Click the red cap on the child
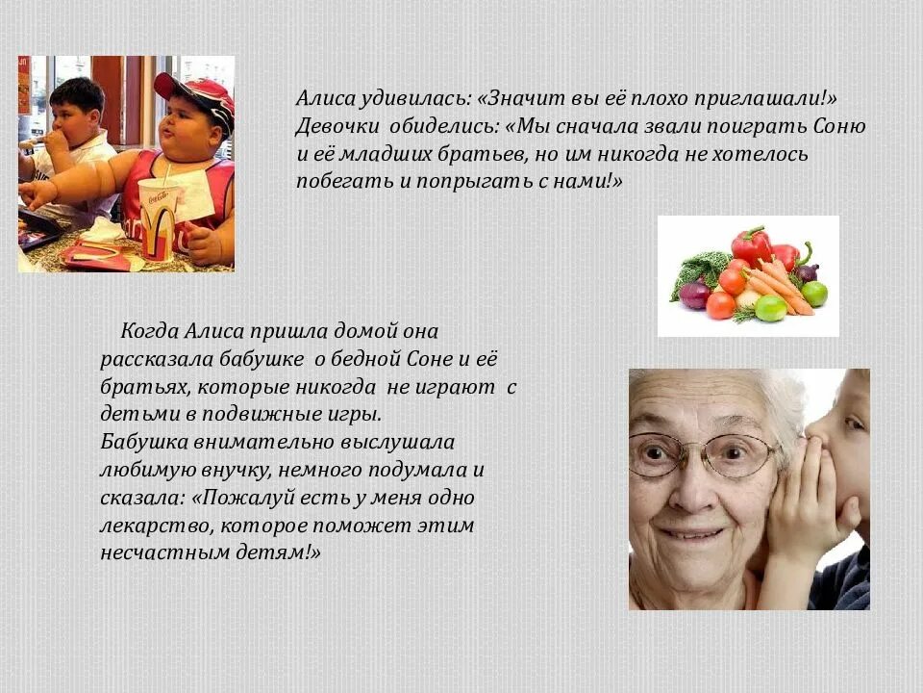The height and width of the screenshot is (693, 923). coord(196,92)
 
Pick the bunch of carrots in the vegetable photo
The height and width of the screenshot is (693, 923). coord(779,286)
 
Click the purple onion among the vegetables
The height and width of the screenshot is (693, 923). coord(694,294)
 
